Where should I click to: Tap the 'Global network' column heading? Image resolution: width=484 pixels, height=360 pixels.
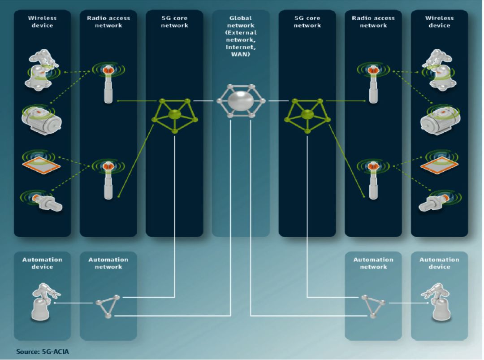tap(241, 22)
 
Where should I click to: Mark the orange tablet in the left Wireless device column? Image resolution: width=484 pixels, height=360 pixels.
tap(41, 161)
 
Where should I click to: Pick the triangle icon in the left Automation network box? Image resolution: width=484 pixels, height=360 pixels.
tap(108, 306)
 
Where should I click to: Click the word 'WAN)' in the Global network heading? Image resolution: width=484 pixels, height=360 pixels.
tap(241, 55)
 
